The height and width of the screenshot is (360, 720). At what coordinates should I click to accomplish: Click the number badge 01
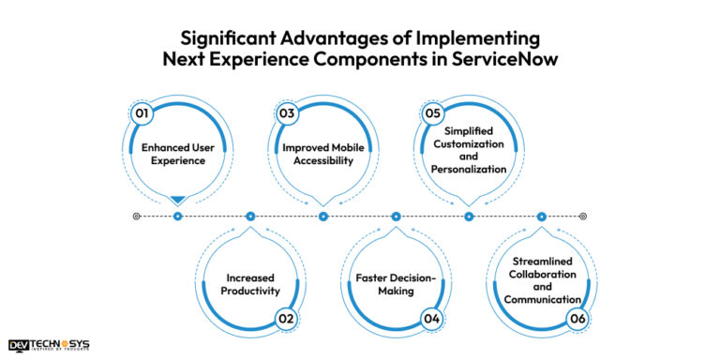[142, 113]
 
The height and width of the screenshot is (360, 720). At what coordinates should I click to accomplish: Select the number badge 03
[288, 113]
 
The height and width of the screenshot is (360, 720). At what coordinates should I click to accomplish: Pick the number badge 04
[431, 319]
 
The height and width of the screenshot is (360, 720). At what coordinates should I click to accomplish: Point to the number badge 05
[432, 113]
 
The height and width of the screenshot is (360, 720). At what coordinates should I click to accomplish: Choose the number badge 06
[577, 319]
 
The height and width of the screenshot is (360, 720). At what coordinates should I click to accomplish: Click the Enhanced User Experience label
[176, 154]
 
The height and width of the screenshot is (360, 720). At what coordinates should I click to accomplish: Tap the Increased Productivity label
[249, 284]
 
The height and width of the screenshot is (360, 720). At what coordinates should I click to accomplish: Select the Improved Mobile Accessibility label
[323, 154]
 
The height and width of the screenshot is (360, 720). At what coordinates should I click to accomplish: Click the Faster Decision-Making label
[395, 284]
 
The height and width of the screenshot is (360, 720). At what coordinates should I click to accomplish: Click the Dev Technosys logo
[49, 345]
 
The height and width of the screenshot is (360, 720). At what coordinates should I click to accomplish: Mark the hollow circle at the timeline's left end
[137, 217]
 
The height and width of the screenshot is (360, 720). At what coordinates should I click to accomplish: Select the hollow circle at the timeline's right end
[582, 217]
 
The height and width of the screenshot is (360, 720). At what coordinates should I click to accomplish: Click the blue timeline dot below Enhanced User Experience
[177, 217]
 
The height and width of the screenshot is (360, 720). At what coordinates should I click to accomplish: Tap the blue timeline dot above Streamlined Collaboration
[542, 217]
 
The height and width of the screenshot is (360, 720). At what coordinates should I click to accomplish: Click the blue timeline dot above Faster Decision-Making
[396, 217]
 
